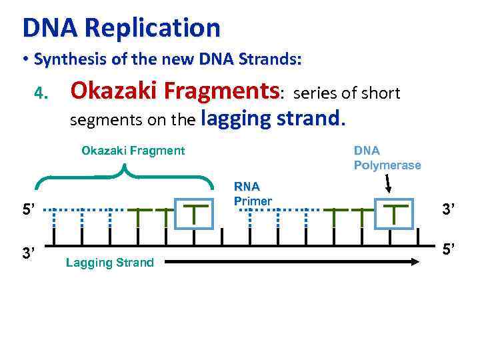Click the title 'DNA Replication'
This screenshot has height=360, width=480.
[121, 28]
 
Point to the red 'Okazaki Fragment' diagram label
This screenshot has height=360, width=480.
[133, 151]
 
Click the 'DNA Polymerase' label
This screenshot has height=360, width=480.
[387, 158]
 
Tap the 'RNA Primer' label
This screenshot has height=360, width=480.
[253, 194]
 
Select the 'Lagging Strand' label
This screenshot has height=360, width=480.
[110, 263]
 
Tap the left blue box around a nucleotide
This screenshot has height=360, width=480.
[193, 213]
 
